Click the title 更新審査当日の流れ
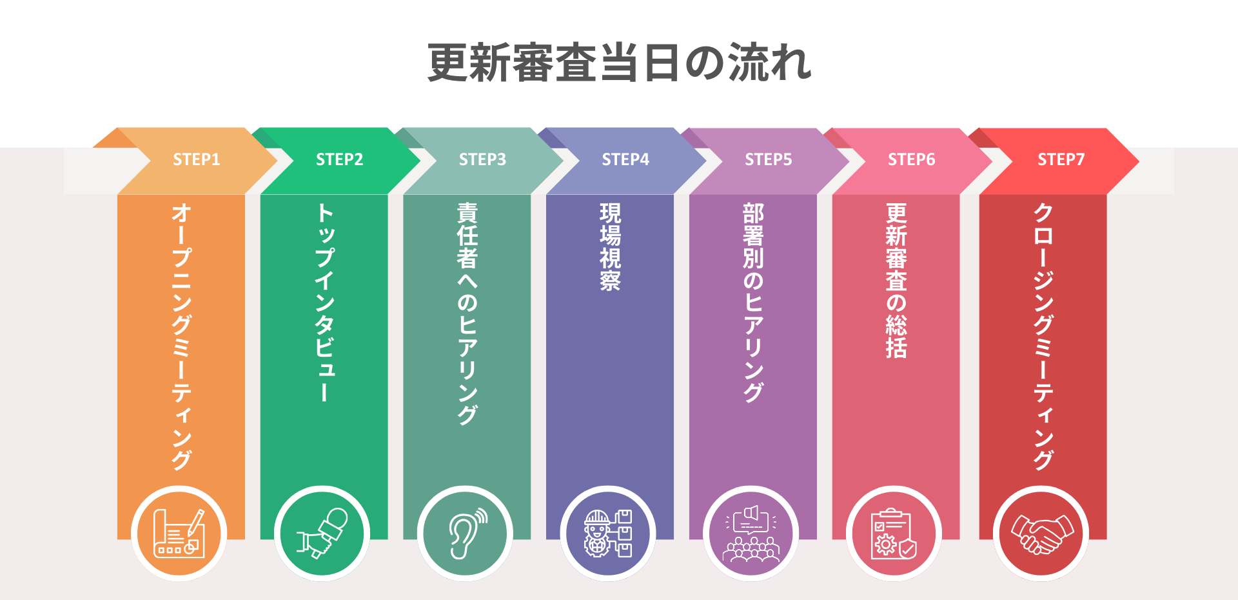pyautogui.click(x=619, y=63)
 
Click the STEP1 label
pyautogui.click(x=196, y=159)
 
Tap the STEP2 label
pyautogui.click(x=339, y=159)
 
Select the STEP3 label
pyautogui.click(x=482, y=159)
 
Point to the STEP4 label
pyautogui.click(x=625, y=159)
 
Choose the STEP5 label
pyautogui.click(x=768, y=159)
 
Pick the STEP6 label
pyautogui.click(x=911, y=159)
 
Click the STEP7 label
pyautogui.click(x=1061, y=159)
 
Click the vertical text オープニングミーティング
pyautogui.click(x=181, y=335)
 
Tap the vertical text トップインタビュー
pyautogui.click(x=324, y=302)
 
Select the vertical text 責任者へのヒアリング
pyautogui.click(x=467, y=314)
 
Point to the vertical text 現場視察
pyautogui.click(x=610, y=247)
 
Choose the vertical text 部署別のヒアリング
pyautogui.click(x=753, y=302)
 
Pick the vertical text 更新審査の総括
pyautogui.click(x=896, y=280)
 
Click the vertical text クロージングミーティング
pyautogui.click(x=1043, y=335)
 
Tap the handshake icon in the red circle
pyautogui.click(x=1041, y=534)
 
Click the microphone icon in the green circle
pyautogui.click(x=322, y=534)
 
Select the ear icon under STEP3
pyautogui.click(x=466, y=534)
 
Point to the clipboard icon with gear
pyautogui.click(x=894, y=534)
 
